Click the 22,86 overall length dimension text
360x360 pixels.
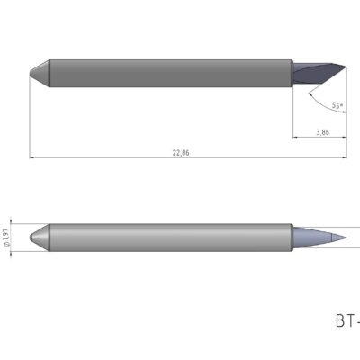pyautogui.click(x=181, y=153)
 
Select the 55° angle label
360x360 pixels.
pyautogui.click(x=337, y=105)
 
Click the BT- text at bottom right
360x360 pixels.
pyautogui.click(x=346, y=320)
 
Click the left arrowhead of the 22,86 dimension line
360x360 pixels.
pyautogui.click(x=33, y=158)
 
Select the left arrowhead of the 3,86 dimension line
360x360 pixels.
pyautogui.click(x=296, y=138)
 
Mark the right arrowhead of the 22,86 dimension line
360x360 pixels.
pyautogui.click(x=343, y=158)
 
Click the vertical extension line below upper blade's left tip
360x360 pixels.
pyautogui.click(x=30, y=117)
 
